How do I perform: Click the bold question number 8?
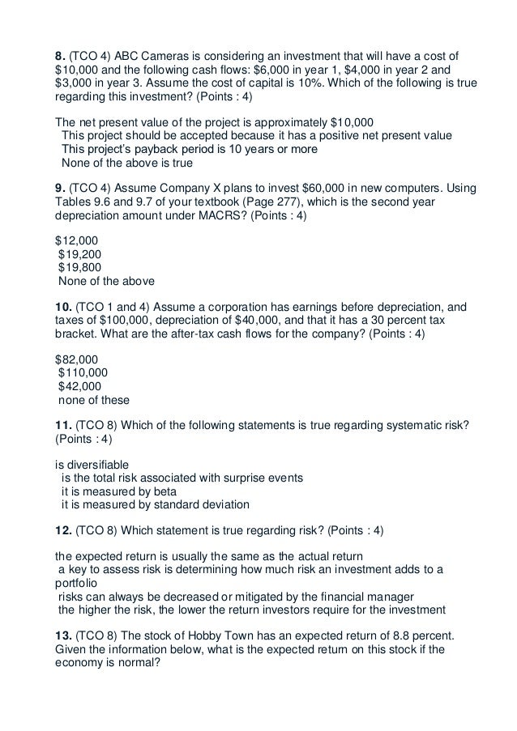click(x=60, y=57)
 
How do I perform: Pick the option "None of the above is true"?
click(x=122, y=162)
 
